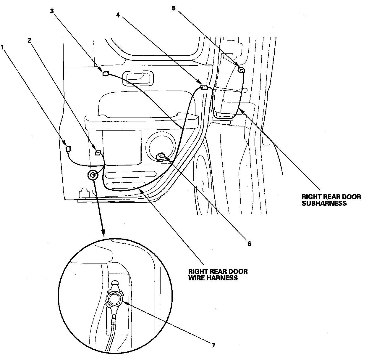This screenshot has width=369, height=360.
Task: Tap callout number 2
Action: click(x=29, y=41)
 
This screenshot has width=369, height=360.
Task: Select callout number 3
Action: click(x=52, y=11)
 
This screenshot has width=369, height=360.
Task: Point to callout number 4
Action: click(x=118, y=15)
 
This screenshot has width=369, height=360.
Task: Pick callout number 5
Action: click(x=174, y=8)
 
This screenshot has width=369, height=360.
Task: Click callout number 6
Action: click(x=249, y=244)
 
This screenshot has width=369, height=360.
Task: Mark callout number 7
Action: click(x=213, y=345)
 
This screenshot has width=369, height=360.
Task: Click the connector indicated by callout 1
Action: click(x=68, y=149)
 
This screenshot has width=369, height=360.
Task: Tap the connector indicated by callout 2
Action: click(x=98, y=153)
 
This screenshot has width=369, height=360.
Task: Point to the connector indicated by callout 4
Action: click(x=204, y=87)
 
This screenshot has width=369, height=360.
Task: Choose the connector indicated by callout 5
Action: click(x=241, y=70)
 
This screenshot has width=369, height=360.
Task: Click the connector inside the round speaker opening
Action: click(x=161, y=155)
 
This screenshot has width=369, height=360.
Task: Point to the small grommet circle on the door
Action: click(x=93, y=175)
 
